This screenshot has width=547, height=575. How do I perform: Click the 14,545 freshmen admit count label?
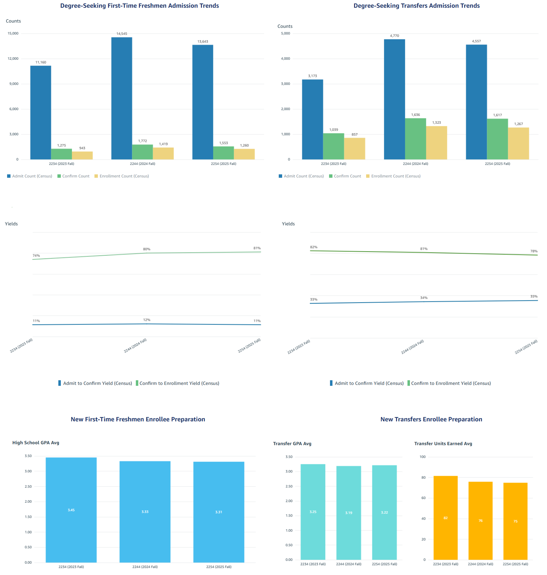(x=122, y=34)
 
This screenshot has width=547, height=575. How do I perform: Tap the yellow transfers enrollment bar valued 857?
(x=354, y=149)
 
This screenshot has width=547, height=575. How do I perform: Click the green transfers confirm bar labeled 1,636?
(x=415, y=139)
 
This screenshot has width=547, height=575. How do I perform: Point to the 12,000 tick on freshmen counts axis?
(x=13, y=58)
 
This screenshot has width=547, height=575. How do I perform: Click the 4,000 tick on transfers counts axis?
(x=285, y=58)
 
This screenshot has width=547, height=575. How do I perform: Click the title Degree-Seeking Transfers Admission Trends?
(x=416, y=6)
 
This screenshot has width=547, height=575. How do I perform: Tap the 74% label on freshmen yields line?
(x=36, y=256)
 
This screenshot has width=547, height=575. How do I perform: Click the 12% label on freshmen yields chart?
(x=147, y=320)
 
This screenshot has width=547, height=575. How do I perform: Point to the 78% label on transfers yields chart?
(x=534, y=251)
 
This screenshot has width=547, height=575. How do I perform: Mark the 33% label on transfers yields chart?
(x=314, y=300)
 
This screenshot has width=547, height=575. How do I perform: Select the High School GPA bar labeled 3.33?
(x=145, y=512)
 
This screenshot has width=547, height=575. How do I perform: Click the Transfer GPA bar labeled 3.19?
(x=349, y=513)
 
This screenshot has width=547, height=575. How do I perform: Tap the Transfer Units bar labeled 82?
(x=445, y=518)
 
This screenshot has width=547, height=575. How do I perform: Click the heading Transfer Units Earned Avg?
(x=443, y=444)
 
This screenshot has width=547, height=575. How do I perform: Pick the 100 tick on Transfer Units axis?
(x=423, y=457)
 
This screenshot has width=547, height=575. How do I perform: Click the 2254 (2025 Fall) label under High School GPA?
(x=219, y=567)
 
